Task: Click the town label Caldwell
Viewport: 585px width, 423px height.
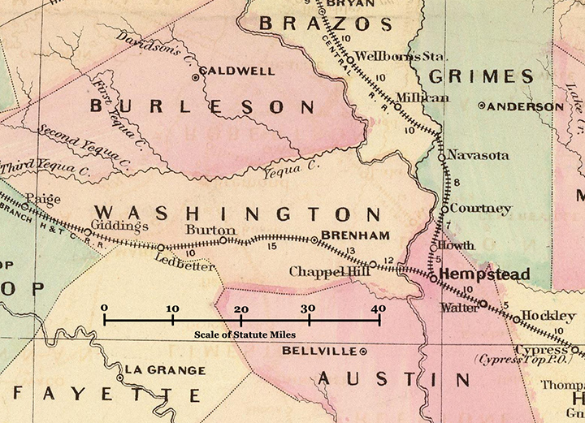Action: (236, 71)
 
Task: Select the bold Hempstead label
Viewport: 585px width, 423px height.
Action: (484, 274)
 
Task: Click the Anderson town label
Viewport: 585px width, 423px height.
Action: (526, 106)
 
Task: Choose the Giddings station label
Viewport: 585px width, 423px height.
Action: (119, 226)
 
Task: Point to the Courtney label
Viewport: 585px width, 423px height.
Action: (481, 209)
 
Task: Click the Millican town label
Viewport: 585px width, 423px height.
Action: (422, 97)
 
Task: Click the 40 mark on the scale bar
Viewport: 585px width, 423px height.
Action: (378, 309)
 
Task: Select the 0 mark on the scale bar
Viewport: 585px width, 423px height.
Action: (104, 309)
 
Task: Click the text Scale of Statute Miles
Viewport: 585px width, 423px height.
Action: (242, 335)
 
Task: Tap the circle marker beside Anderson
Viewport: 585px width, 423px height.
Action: (482, 106)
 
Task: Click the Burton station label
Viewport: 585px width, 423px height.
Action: (205, 230)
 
